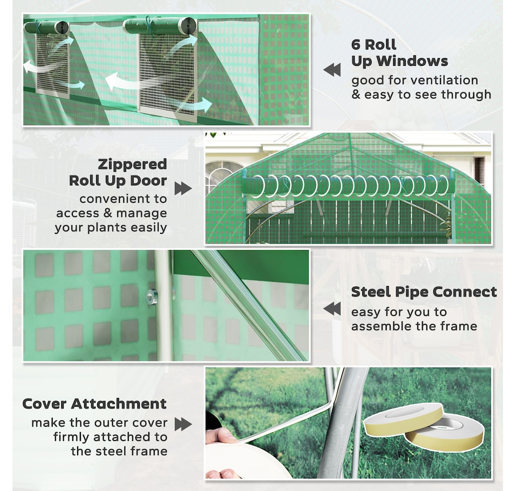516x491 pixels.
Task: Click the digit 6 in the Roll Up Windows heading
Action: point(356,45)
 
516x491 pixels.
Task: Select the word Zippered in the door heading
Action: point(133,164)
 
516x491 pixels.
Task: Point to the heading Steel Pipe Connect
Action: point(424,293)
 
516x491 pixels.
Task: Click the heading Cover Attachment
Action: point(95,403)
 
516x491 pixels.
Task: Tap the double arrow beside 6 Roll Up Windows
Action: point(332,70)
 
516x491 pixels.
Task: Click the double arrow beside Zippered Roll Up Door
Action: point(183,188)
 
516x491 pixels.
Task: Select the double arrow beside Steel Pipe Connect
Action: point(332,309)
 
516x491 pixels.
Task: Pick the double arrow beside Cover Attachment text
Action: point(183,424)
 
